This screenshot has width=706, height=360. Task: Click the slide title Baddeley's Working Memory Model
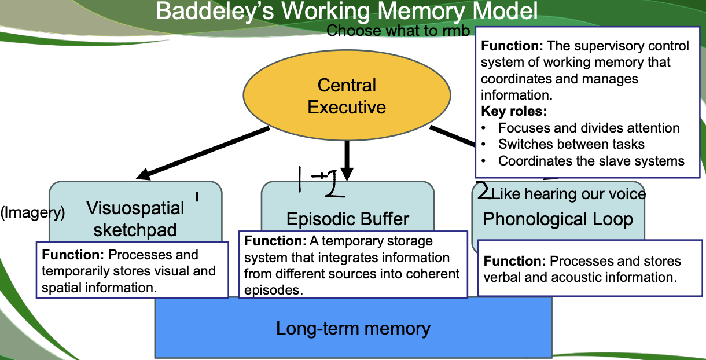click(x=347, y=12)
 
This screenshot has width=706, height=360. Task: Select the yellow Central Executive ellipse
click(x=347, y=96)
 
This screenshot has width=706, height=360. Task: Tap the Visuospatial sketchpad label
click(x=135, y=218)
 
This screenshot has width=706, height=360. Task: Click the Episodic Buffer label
click(x=348, y=219)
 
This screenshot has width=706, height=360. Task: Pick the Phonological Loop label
click(x=558, y=219)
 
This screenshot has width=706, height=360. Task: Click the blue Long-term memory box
click(x=353, y=329)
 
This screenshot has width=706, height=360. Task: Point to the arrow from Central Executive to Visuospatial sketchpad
click(x=203, y=153)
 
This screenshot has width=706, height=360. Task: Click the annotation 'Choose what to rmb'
click(x=398, y=31)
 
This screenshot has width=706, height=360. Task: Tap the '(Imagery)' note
click(x=32, y=213)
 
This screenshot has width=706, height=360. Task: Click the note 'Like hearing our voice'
click(x=568, y=193)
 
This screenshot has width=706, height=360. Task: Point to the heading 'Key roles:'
click(x=514, y=111)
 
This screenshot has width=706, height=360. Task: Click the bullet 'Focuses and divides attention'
click(x=589, y=128)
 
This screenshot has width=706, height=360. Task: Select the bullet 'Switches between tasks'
click(x=571, y=144)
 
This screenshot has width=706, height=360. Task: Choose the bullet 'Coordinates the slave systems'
click(x=591, y=161)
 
